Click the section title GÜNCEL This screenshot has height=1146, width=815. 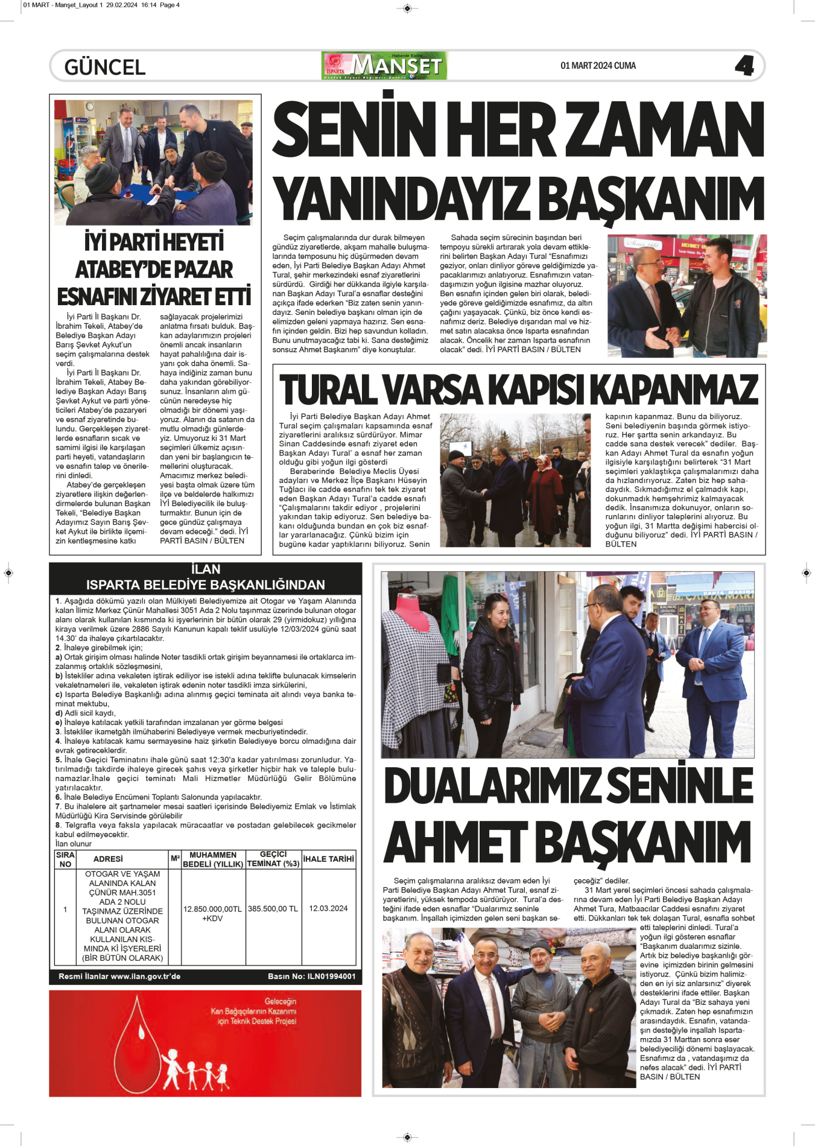(x=105, y=67)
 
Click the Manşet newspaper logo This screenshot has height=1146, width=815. (x=385, y=66)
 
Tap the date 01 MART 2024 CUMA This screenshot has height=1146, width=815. (x=598, y=66)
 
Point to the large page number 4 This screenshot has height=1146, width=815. (x=744, y=66)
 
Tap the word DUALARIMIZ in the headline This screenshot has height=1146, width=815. (x=492, y=785)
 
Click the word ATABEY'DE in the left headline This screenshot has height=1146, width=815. (x=154, y=269)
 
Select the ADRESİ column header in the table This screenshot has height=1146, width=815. (x=108, y=859)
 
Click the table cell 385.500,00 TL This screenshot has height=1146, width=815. (x=273, y=908)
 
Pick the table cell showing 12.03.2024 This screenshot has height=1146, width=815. (x=328, y=908)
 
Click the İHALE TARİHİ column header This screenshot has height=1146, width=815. (x=328, y=859)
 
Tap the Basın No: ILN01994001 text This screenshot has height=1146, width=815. (x=311, y=976)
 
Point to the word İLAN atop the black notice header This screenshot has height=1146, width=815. (x=205, y=569)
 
